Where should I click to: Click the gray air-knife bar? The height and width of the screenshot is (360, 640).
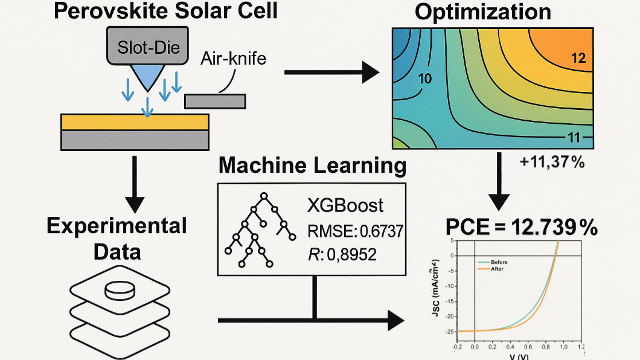coord(215,101)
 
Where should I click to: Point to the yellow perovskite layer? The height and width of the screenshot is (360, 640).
coord(135,121)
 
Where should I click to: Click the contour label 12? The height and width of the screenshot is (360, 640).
coord(578,59)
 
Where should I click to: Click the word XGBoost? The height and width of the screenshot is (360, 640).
coord(345,205)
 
